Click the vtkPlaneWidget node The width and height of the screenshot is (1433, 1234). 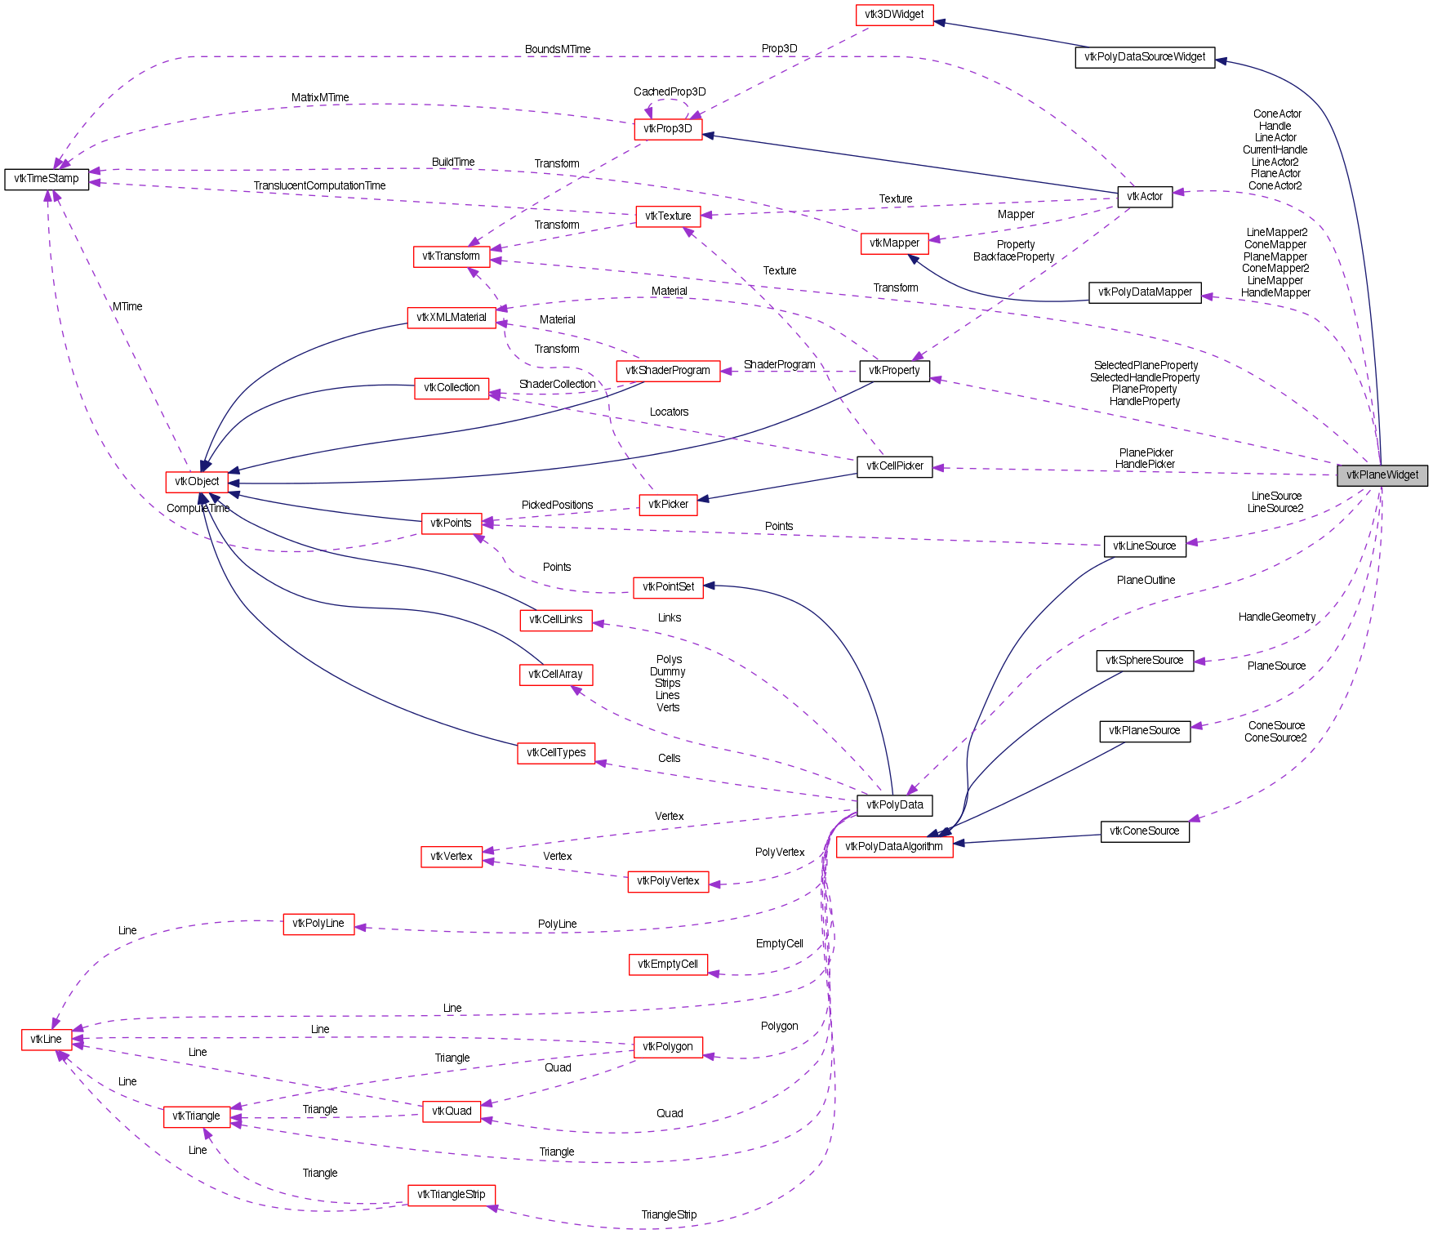click(1382, 474)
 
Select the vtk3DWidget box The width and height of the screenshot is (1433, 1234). click(894, 15)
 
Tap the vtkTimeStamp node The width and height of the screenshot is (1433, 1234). click(47, 179)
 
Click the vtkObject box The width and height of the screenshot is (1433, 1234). click(197, 482)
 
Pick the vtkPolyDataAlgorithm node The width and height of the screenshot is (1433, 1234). click(893, 847)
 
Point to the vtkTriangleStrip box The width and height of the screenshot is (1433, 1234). click(451, 1195)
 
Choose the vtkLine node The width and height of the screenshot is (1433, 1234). click(46, 1040)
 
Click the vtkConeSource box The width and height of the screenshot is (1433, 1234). click(1144, 831)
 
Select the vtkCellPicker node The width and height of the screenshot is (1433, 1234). click(894, 466)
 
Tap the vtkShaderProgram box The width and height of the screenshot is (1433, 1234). click(667, 371)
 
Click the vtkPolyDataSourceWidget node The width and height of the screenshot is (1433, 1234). click(1144, 57)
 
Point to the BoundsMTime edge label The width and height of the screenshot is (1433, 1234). click(558, 50)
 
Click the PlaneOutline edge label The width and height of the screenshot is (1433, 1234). click(1146, 581)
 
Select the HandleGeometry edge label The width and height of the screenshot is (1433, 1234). click(1276, 617)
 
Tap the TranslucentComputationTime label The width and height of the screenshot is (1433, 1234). click(319, 186)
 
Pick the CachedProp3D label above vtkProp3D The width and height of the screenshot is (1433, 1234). click(670, 92)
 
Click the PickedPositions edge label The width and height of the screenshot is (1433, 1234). click(557, 506)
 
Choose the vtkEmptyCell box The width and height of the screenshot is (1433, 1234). click(667, 964)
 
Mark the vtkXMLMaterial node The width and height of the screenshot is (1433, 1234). click(451, 318)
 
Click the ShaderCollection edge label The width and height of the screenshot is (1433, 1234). click(557, 385)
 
